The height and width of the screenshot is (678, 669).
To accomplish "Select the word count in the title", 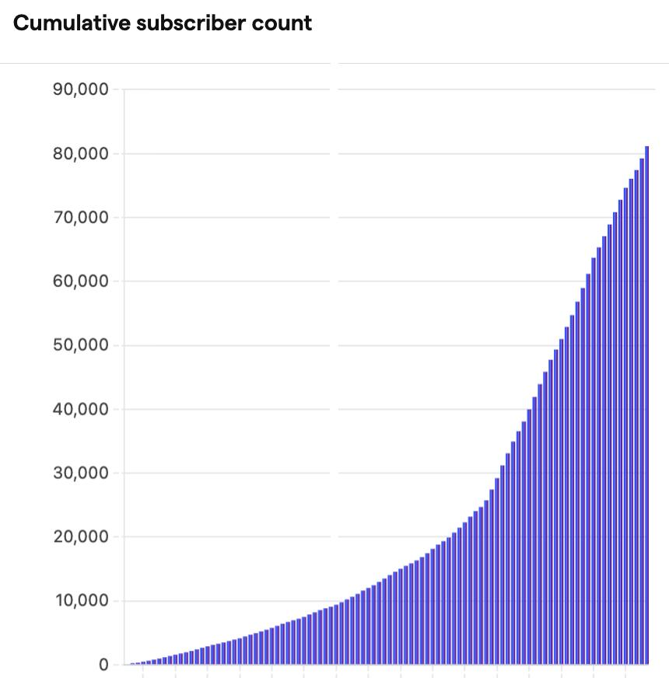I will tap(283, 23).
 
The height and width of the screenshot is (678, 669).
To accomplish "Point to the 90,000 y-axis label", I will tap(80, 89).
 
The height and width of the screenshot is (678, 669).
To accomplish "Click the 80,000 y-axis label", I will tap(80, 153).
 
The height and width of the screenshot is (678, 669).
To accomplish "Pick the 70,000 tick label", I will tap(80, 217).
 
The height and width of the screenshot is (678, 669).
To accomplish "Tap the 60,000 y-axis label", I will tap(80, 281).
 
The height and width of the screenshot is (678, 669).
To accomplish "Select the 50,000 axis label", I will tap(80, 345).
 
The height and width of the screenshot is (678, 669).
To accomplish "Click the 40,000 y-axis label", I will tap(80, 409).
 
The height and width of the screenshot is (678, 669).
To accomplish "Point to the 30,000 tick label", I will tap(80, 473).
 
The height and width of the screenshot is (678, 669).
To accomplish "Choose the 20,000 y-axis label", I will tap(80, 536).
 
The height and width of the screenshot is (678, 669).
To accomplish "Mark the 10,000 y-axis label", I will tap(80, 601).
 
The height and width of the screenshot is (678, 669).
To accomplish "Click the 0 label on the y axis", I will tap(103, 665).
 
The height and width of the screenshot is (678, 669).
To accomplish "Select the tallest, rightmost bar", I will tap(646, 404).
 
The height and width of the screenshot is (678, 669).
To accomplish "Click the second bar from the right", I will tap(642, 412).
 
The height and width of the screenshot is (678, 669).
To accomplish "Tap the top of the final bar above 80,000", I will tap(646, 148).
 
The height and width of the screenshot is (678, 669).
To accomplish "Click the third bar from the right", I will tap(636, 420).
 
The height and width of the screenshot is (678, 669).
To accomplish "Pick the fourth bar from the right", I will tap(631, 424).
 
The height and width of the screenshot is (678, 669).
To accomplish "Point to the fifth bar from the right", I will tap(625, 428).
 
